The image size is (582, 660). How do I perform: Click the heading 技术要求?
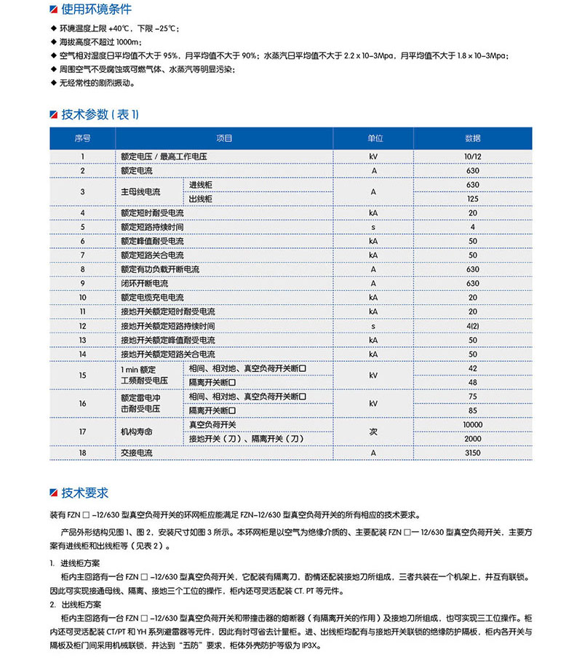pos(85,493)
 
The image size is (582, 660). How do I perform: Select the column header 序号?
pos(82,138)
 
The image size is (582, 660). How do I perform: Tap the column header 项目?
pos(224,138)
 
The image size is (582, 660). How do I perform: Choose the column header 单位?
pos(374,138)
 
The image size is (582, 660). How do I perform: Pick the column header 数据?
pos(473,138)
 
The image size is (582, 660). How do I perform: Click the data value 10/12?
pos(473,156)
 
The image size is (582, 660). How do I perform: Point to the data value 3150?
pos(473,453)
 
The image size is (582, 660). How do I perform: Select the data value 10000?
pos(473,424)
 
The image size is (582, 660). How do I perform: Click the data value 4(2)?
pos(473,325)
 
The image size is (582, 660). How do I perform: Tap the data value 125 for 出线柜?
pos(473,199)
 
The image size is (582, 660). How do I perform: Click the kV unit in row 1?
pos(374,156)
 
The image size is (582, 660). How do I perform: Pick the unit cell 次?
pos(374,432)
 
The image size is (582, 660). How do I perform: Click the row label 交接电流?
pos(137,453)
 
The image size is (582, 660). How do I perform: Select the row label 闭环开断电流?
pos(144,283)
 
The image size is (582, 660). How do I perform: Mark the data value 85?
pos(473,410)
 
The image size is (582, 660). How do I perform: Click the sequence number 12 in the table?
pos(82,325)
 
